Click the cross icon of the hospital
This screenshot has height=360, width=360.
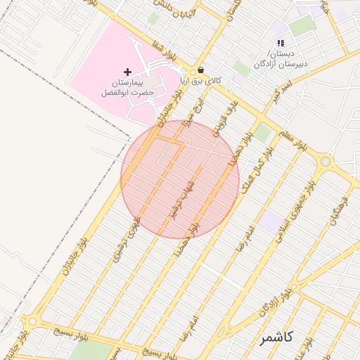point(127,72)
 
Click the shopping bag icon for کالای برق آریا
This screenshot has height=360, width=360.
point(201,70)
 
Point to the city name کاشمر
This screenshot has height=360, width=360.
point(276,337)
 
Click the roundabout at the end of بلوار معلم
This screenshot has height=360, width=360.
point(325,162)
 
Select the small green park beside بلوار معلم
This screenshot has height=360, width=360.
point(262,133)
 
